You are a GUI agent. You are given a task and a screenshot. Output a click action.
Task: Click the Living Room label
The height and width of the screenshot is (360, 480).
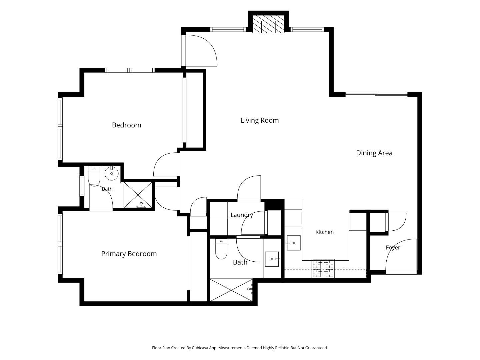coord(260,120)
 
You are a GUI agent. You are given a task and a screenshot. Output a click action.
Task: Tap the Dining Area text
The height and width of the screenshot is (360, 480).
coord(374,153)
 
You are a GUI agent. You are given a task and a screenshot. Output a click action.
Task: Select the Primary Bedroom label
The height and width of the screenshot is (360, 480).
coord(129,254)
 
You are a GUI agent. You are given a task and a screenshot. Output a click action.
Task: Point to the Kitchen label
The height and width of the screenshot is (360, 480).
coord(325,232)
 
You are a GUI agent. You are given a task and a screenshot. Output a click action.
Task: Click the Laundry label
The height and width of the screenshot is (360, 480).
coord(242,215)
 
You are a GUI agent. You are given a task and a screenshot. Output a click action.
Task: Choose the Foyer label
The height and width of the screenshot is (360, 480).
coord(393,248)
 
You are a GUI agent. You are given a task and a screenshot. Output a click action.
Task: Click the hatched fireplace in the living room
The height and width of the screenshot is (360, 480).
coord(268,24)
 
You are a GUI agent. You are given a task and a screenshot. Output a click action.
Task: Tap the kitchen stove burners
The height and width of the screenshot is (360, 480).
coord(323,268)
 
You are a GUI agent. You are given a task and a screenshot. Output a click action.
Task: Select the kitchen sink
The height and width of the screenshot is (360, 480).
coord(294,243)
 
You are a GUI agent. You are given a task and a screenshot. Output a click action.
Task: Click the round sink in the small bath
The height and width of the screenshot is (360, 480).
coord(112,174)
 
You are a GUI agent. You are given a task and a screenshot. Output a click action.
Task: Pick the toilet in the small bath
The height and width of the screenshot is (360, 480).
coord(94,176)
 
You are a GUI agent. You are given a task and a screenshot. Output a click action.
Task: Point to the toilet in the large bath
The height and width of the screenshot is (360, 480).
coord(221,249)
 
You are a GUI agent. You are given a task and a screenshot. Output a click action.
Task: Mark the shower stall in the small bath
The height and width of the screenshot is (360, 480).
coord(138,195)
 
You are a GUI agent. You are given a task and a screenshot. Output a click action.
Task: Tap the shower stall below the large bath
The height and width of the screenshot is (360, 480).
coord(231,290)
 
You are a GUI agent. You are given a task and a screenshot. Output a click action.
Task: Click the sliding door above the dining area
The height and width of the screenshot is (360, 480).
coord(376,94)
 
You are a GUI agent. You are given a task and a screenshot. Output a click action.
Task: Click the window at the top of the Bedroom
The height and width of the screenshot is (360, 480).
coord(129,70)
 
